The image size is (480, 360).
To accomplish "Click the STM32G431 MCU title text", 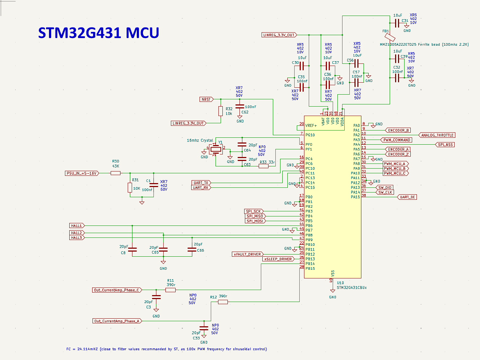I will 98,33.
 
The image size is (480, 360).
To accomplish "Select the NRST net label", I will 206,99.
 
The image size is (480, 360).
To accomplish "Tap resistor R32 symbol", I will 220,111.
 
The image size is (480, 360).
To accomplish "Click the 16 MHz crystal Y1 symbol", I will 216,149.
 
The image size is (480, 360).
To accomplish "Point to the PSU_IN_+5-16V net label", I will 82,173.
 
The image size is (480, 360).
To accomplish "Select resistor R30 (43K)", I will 115,173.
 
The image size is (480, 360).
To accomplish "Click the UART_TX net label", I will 201,183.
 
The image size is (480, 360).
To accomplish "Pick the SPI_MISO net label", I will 255,216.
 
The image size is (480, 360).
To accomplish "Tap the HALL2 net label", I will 77,233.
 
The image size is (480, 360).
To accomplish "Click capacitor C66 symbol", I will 192,249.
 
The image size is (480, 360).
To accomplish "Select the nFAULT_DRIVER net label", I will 247,254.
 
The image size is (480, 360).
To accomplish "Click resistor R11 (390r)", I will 171,290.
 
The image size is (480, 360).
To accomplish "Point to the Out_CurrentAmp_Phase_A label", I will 117,321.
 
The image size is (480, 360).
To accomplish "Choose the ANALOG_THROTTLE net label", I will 437,135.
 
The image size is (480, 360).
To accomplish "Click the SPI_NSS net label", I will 446,145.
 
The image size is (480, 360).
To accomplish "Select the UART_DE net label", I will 407,197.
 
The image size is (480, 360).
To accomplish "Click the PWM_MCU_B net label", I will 395,169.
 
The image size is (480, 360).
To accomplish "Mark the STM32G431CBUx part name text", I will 352,287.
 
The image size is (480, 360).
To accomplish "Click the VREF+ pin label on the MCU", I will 311,125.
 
